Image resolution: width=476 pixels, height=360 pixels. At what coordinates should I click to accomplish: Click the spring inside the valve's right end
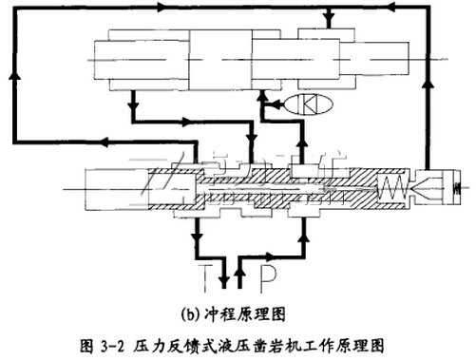393,188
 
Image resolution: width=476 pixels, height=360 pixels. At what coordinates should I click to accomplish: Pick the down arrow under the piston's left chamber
134,95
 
